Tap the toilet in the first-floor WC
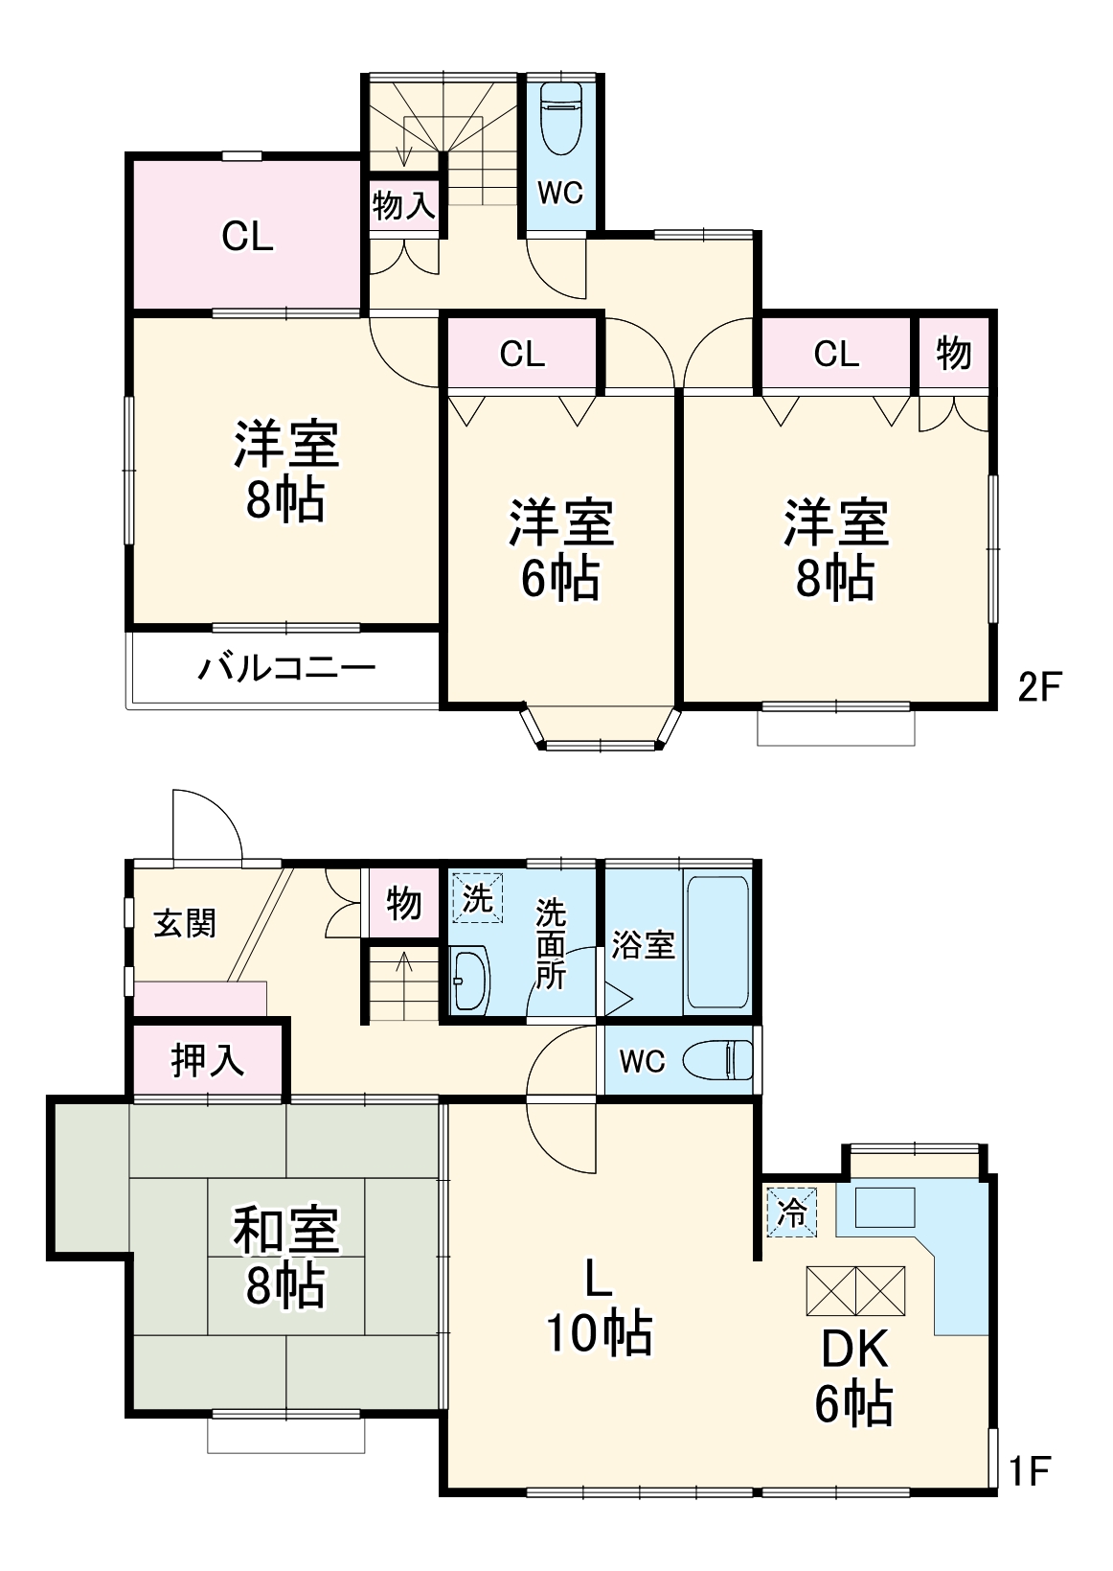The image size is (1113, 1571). click(x=719, y=1060)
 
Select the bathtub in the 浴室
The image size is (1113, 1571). click(x=716, y=942)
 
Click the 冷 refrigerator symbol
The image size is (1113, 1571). click(x=792, y=1213)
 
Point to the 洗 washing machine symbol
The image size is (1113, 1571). click(x=477, y=898)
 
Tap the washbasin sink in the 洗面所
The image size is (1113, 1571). click(x=469, y=980)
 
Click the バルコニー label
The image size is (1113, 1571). click(x=286, y=667)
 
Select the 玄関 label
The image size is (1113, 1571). click(x=186, y=923)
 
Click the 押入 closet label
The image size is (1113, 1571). click(x=208, y=1060)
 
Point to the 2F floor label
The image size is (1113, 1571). click(x=1039, y=686)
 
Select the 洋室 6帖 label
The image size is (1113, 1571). click(x=560, y=549)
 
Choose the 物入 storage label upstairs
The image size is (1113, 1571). click(x=404, y=204)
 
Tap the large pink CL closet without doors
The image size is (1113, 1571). click(x=247, y=236)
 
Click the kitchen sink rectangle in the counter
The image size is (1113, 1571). click(x=884, y=1207)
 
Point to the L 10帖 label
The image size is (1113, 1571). click(x=599, y=1305)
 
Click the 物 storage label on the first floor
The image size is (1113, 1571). click(x=404, y=903)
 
